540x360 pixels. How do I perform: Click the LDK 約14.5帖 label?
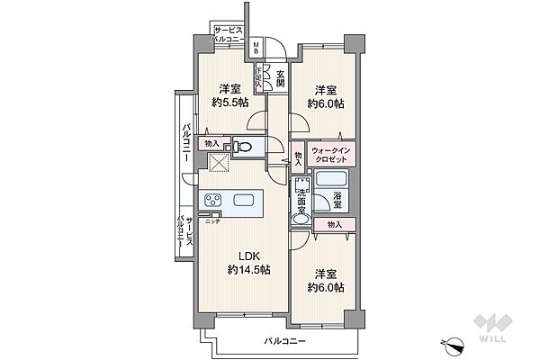coord(244,261)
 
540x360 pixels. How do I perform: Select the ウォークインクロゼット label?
coord(330,154)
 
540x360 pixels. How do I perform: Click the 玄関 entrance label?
coord(280,78)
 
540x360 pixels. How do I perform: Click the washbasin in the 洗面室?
coord(301,217)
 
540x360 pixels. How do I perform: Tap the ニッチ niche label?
coord(213,220)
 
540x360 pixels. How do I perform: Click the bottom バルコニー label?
coord(285,342)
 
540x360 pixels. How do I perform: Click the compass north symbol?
coord(453,342)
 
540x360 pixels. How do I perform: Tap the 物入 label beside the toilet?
coord(212,143)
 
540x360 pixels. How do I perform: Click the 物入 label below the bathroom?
coord(334,223)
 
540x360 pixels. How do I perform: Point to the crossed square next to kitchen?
coord(219,163)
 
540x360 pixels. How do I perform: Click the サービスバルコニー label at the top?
coord(232,35)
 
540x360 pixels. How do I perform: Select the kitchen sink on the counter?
coord(243,200)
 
